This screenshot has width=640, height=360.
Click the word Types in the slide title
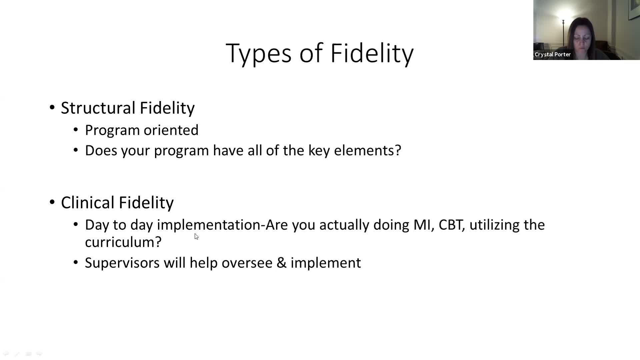258,53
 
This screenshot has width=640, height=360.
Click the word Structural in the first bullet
98,108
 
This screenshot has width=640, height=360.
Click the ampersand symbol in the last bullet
282,263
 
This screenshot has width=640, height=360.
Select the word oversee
247,263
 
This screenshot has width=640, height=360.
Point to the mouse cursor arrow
196,236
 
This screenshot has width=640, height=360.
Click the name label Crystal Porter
553,54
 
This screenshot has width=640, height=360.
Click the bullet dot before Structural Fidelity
52,108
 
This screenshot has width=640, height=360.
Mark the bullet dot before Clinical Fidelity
52,202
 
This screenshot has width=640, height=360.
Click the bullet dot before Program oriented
76,130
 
